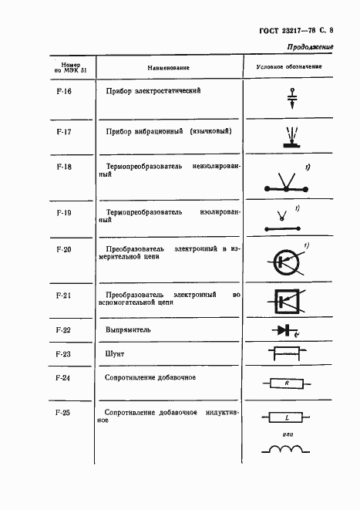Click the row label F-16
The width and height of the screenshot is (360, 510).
coord(64,92)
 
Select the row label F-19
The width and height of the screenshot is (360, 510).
coord(64,210)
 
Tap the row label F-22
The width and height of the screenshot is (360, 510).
coord(64,330)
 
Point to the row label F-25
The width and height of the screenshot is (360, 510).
coord(64,413)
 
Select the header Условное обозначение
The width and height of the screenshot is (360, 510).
coord(289,68)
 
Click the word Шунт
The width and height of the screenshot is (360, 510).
coord(115,354)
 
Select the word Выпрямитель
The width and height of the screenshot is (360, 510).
coord(129,330)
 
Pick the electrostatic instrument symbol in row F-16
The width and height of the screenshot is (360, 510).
coord(292,96)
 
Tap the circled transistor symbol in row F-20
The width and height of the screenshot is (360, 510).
coord(288,262)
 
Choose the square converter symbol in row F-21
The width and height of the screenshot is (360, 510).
coord(288,302)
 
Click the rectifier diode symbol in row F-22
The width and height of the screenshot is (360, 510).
coord(287,331)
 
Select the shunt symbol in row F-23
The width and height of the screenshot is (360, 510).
coord(288,355)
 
